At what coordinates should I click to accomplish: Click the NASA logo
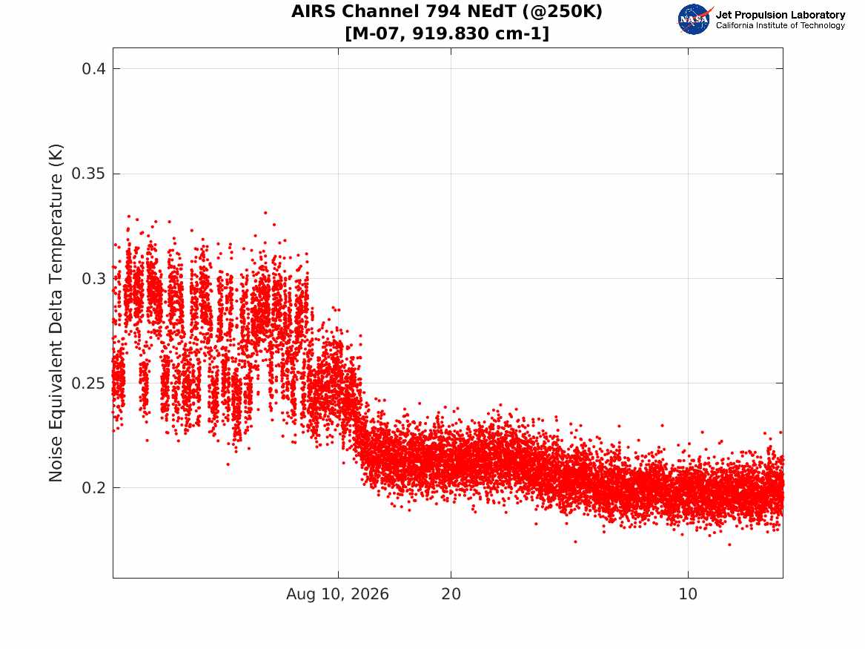[x=695, y=19]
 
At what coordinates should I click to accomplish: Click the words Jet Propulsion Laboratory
[x=780, y=15]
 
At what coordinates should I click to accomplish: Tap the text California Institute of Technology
[x=780, y=25]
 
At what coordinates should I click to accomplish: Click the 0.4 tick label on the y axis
[x=94, y=69]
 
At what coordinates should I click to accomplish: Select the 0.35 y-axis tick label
[x=88, y=174]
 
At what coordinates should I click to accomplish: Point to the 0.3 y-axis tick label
[x=94, y=279]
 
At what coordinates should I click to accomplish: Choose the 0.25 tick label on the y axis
[x=88, y=383]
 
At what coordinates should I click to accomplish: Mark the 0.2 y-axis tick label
[x=94, y=488]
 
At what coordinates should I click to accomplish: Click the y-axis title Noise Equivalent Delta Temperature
[x=56, y=313]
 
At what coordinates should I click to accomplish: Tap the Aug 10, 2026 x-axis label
[x=337, y=594]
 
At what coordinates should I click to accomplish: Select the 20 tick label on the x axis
[x=451, y=594]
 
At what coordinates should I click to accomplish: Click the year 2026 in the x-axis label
[x=370, y=594]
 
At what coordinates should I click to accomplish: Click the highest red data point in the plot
[x=265, y=212]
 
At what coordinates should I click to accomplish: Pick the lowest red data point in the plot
[x=729, y=544]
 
